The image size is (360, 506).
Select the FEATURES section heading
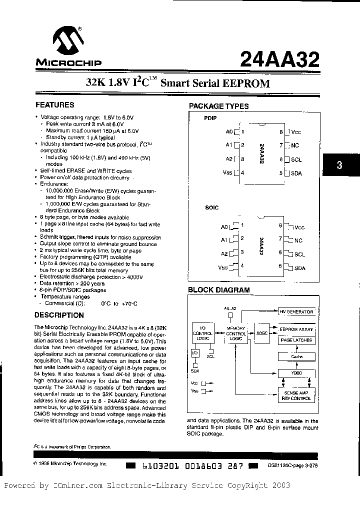(x=54, y=105)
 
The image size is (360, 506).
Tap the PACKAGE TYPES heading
(x=218, y=106)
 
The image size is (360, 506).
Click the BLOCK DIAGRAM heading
(x=218, y=290)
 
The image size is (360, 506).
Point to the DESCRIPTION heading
(x=58, y=315)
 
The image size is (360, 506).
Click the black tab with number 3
(x=339, y=166)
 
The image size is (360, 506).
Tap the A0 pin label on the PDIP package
(x=229, y=132)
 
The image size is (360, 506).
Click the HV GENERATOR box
(x=296, y=312)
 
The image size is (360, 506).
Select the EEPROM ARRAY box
(x=296, y=329)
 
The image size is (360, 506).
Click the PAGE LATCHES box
(x=296, y=340)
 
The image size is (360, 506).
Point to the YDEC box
(x=296, y=372)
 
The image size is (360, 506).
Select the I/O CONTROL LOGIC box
(x=203, y=333)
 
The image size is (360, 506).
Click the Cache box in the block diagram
(x=296, y=356)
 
